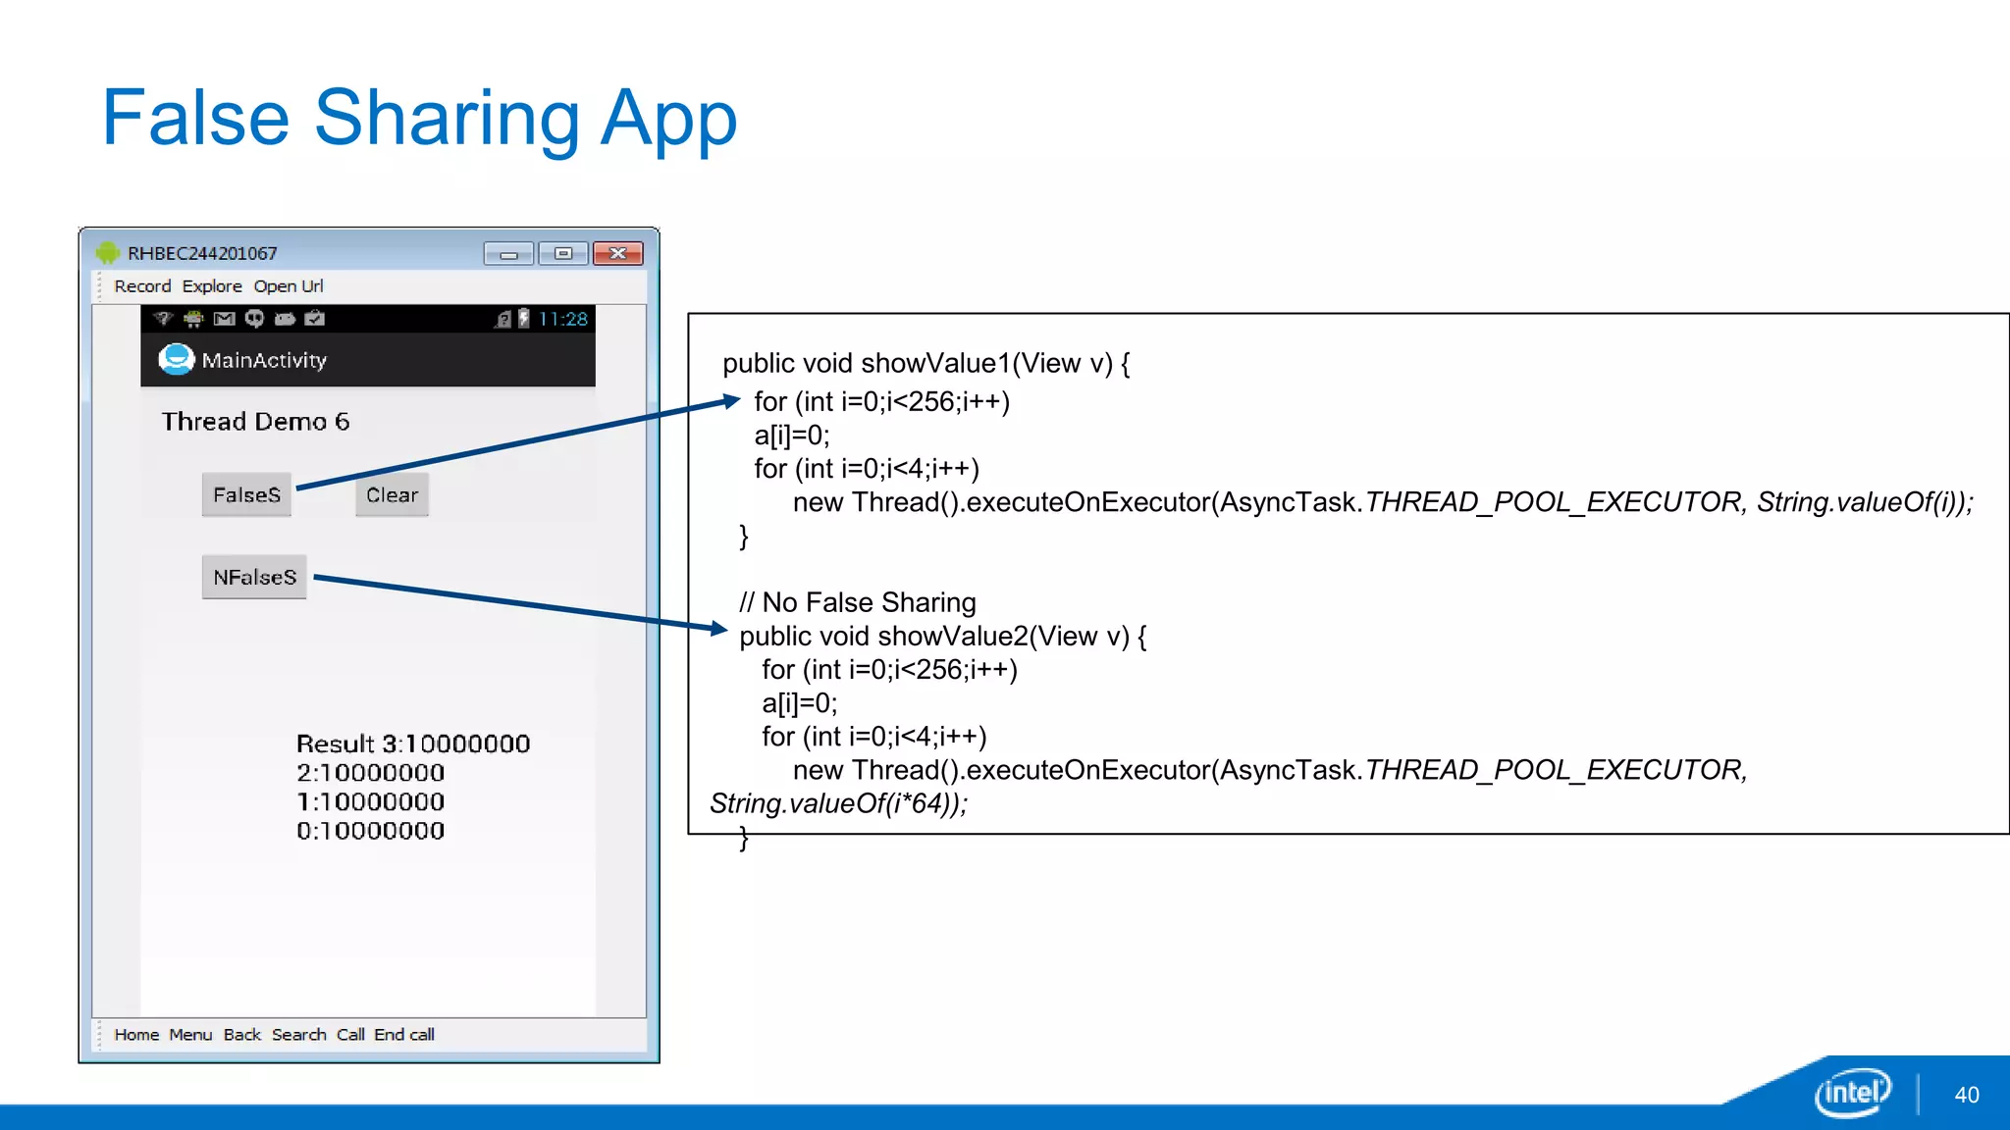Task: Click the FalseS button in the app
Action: [x=246, y=495]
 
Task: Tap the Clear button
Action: [x=392, y=495]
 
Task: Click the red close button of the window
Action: [x=617, y=254]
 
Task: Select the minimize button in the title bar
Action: [x=508, y=254]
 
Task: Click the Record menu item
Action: [x=142, y=286]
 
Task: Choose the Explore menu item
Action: [x=212, y=286]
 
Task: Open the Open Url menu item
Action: [x=289, y=286]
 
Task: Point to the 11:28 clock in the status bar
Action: [x=562, y=319]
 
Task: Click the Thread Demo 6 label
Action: [x=255, y=422]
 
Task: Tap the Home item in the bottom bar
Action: [x=136, y=1035]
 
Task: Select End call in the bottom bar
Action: [x=404, y=1035]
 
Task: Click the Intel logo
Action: [x=1852, y=1092]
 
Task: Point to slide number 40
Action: [x=1966, y=1095]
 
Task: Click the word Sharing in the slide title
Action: [x=447, y=119]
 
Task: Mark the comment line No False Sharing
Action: [x=858, y=602]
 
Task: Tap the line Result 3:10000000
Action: [x=413, y=744]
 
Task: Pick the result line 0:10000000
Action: [x=370, y=831]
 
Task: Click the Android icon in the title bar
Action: [x=107, y=253]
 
